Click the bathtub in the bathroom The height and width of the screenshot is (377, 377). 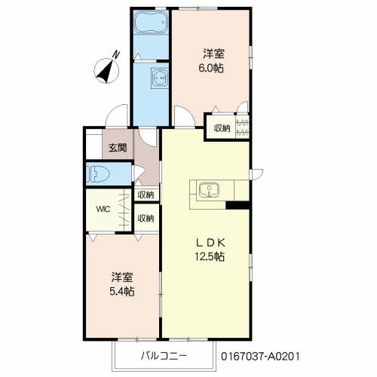[x=151, y=23]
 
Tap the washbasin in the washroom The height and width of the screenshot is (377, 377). [x=159, y=78]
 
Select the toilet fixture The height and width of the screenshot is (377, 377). [x=98, y=174]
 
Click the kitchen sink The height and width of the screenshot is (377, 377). [x=209, y=191]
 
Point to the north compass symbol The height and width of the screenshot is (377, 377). [x=106, y=70]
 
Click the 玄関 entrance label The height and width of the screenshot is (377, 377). [x=118, y=148]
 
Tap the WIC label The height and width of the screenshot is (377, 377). [x=103, y=209]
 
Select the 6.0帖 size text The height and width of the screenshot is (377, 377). [x=211, y=68]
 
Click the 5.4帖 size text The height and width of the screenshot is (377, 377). [x=122, y=291]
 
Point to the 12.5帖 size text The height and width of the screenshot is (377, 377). [x=210, y=256]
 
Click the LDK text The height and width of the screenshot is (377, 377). [x=210, y=243]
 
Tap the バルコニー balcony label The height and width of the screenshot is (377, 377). [x=164, y=356]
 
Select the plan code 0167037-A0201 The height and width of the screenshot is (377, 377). [x=260, y=356]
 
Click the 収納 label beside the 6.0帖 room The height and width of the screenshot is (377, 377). [x=222, y=128]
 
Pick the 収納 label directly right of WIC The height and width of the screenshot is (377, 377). [x=146, y=218]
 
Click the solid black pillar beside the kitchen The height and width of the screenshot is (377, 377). [x=238, y=205]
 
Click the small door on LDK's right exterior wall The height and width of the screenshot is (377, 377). [x=257, y=174]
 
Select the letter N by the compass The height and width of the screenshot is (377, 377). [x=116, y=55]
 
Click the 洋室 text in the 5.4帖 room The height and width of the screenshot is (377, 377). [x=122, y=277]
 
